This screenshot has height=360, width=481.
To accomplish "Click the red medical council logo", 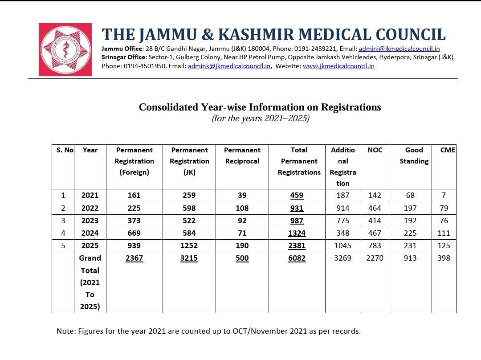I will click(x=65, y=49).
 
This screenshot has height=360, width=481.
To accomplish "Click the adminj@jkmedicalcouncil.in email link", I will click(x=399, y=49).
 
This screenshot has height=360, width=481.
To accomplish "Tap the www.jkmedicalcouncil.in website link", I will click(x=338, y=66).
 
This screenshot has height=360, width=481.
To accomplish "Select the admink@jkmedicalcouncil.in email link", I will click(x=229, y=66).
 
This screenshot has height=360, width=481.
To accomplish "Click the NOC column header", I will click(x=375, y=150).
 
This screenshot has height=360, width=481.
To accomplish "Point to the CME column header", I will click(x=448, y=150).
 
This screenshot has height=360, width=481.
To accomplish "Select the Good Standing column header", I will click(x=414, y=155).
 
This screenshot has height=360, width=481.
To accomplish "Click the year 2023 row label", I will click(x=90, y=221).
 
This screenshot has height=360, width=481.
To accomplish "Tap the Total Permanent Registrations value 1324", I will click(x=297, y=233).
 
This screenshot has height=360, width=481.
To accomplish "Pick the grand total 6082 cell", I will click(x=297, y=258).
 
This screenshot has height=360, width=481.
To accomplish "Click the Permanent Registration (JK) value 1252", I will click(x=189, y=245).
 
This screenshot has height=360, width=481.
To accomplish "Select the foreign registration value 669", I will click(x=134, y=233).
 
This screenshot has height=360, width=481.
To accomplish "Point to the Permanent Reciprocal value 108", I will click(x=242, y=208).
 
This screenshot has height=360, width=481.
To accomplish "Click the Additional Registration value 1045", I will click(x=343, y=245).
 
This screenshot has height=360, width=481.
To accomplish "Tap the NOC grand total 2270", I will click(x=375, y=258).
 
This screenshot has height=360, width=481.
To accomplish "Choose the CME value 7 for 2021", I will click(x=444, y=195).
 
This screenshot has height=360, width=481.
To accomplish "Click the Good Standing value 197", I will click(x=410, y=208).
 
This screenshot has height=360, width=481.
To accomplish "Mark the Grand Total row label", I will click(x=90, y=282).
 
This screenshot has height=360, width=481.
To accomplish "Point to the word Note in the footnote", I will click(x=65, y=331).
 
